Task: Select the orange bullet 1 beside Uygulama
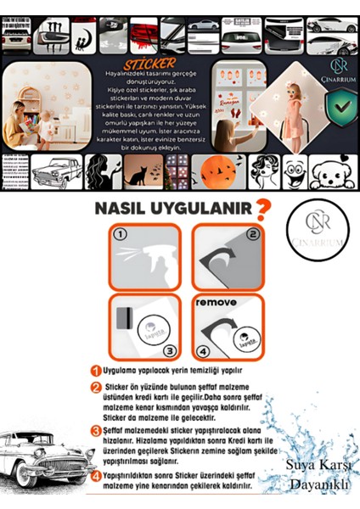(x=98, y=370)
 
